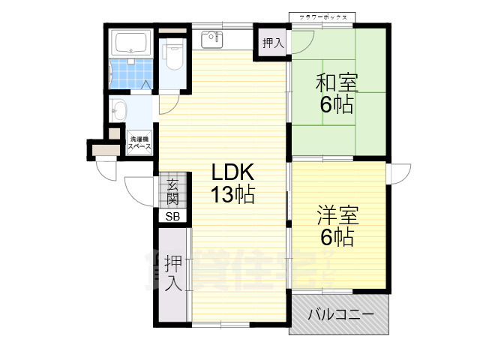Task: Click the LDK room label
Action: [x=232, y=171]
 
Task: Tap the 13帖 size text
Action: [x=232, y=196]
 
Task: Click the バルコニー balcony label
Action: [x=340, y=315]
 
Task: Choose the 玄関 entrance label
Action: [x=172, y=192]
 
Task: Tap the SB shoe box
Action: [x=172, y=217]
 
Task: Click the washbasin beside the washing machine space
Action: [x=118, y=112]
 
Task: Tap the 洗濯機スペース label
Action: [x=140, y=143]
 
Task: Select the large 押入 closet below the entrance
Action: [x=172, y=274]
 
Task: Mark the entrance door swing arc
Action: [x=139, y=190]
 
